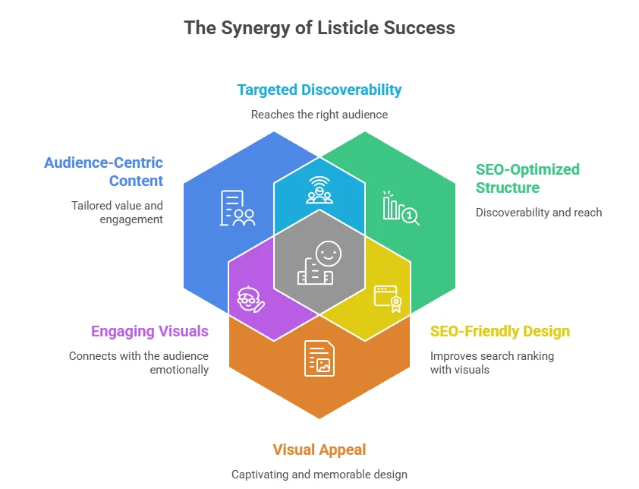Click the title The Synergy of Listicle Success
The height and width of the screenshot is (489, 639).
pos(319,29)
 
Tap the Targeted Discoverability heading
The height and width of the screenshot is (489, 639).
pos(319,90)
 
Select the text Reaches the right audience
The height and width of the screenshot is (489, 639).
pos(319,115)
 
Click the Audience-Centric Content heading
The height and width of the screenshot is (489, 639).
pos(103,172)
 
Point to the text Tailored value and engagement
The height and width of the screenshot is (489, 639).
pos(117,212)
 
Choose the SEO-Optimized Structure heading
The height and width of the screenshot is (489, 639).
pos(527,178)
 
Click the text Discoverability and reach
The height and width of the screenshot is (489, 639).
pos(539,213)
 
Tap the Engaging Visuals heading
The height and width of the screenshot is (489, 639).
pos(150,331)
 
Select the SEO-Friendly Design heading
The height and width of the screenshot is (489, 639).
pos(499,331)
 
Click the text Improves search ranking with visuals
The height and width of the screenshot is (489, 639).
pos(492,362)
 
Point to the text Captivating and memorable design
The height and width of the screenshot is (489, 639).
pos(319,475)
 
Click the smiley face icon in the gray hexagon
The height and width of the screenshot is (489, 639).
pos(320,263)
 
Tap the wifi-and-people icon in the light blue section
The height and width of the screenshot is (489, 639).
pos(319,189)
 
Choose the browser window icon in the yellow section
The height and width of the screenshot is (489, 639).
pos(386,298)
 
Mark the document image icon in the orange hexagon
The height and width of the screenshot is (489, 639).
pos(319,358)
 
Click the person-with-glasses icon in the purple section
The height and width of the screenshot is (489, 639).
pos(250,299)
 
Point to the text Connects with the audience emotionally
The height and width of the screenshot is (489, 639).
pos(138,362)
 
